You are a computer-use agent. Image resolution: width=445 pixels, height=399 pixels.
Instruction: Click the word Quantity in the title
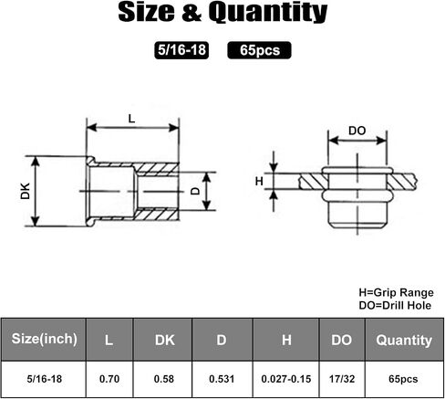click(x=268, y=13)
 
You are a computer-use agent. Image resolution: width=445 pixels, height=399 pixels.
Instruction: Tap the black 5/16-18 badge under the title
click(x=181, y=50)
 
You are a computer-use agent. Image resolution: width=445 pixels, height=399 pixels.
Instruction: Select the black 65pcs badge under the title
click(x=259, y=50)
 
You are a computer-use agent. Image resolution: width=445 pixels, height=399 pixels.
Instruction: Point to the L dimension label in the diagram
click(x=131, y=119)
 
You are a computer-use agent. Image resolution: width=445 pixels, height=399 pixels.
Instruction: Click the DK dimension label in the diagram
click(x=26, y=191)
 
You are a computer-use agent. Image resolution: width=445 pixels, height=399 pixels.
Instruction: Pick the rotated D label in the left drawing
click(x=195, y=191)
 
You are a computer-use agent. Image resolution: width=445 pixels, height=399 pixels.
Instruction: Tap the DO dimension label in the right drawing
click(x=357, y=131)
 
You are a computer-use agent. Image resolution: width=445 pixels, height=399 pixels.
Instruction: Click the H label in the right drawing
click(x=259, y=182)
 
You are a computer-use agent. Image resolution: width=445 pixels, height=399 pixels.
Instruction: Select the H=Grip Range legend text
click(x=397, y=292)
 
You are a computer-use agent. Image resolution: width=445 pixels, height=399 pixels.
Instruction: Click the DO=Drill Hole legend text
click(x=395, y=305)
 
